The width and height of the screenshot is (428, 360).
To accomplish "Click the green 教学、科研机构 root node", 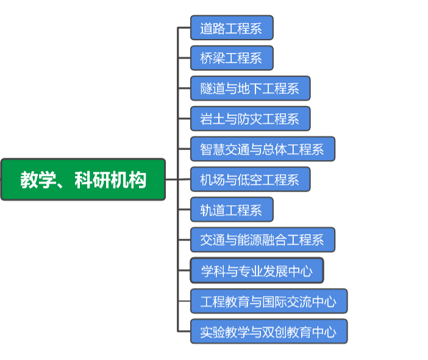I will tap(83, 180).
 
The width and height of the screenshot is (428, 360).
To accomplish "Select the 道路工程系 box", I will tap(232, 28).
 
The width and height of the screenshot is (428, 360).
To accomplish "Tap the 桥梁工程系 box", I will tap(232, 58).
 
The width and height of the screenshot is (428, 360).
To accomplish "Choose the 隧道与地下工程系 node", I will tap(250, 88).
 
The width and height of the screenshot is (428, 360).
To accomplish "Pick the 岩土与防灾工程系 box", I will tap(250, 119).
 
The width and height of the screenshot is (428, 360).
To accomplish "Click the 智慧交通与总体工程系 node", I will tap(262, 149).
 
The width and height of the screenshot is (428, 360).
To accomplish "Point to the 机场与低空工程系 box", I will tap(250, 180).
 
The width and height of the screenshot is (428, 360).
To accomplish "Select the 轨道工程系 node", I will tap(232, 210).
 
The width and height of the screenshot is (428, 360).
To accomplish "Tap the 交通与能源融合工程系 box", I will tap(262, 240).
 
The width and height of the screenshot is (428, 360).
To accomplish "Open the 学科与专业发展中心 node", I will tap(257, 270).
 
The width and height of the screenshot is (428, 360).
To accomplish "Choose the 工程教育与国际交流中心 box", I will tap(268, 301).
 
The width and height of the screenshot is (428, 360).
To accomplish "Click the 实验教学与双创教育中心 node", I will tap(268, 331).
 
